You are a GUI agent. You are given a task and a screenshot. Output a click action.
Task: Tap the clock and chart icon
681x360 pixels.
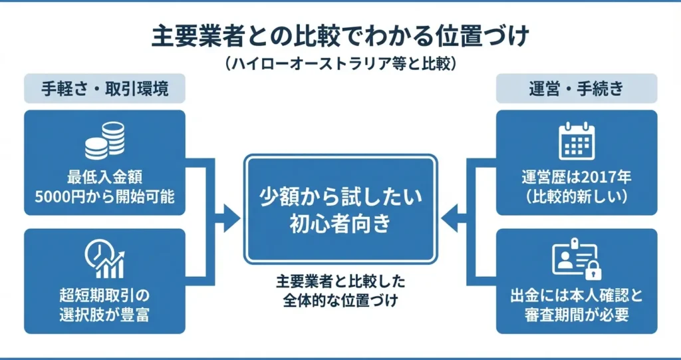[x=105, y=259]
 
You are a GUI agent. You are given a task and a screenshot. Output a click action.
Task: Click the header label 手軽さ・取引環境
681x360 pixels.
[x=104, y=89]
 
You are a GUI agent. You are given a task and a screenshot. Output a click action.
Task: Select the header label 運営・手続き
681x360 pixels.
[x=577, y=89]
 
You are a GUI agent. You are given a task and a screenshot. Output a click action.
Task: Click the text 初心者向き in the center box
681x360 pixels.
[x=340, y=225]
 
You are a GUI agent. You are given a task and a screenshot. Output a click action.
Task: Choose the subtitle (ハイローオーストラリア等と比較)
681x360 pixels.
[x=340, y=64]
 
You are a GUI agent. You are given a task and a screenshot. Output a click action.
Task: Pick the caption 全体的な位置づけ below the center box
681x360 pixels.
[x=340, y=301]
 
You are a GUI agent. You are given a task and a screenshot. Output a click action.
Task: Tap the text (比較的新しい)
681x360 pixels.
[x=577, y=198]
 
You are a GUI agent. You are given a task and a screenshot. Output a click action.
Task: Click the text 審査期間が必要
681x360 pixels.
[x=577, y=313]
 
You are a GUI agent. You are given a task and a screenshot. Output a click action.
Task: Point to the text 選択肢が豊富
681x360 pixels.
[x=104, y=313]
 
